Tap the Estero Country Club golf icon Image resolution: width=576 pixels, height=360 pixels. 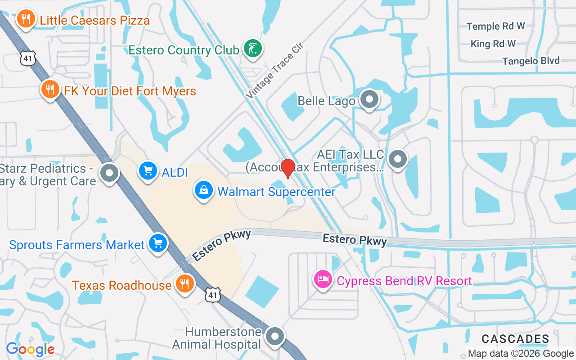252,48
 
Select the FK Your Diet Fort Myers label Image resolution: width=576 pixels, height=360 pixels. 130,91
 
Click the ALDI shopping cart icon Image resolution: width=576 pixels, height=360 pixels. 148,171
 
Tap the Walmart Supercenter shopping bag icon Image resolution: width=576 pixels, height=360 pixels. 204,190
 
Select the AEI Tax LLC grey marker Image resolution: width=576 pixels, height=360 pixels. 397,159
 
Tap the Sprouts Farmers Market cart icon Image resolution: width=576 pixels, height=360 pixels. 158,243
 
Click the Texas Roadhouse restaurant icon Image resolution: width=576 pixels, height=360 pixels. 184,284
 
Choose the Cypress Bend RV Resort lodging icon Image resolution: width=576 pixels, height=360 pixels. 323,280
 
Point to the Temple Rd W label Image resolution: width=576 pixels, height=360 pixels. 495,26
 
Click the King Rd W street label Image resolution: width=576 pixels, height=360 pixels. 493,44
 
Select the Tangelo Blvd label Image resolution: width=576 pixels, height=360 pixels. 531,61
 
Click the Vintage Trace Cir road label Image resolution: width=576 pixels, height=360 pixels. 275,71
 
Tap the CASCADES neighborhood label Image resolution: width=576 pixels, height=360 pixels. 515,339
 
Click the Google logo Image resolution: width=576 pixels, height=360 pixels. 31,349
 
